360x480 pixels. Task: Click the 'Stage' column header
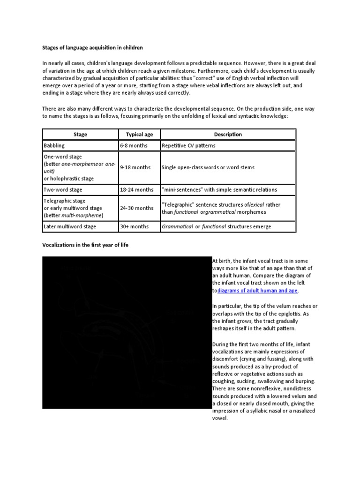coord(80,135)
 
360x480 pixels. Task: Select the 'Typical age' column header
coord(139,135)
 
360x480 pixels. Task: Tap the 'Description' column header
coord(228,135)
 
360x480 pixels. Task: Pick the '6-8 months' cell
coord(134,146)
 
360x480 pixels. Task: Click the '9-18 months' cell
coord(135,167)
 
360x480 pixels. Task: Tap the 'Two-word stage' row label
coord(63,190)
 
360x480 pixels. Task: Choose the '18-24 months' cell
coord(136,190)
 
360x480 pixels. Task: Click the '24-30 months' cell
coord(136,208)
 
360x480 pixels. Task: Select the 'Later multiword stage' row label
coord(70,227)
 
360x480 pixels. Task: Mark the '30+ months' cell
coord(134,227)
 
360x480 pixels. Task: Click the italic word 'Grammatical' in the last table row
coord(177,227)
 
